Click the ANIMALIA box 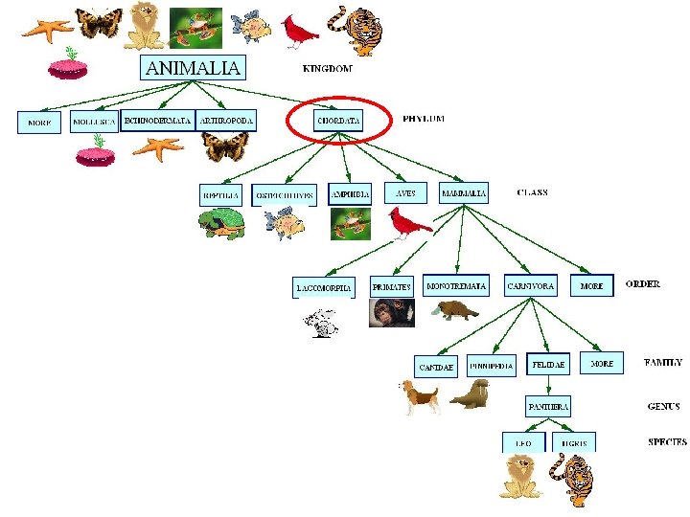[194, 67]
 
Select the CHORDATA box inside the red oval [338, 122]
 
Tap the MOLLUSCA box [94, 123]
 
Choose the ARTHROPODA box [226, 121]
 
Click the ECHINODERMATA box [157, 121]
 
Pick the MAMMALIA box [464, 193]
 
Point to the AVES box [406, 192]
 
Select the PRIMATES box [391, 286]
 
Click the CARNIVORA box [530, 286]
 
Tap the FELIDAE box [548, 365]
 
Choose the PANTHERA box [548, 407]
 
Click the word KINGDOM [327, 69]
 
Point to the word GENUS [663, 406]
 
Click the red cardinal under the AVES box [409, 223]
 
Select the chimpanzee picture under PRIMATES [391, 313]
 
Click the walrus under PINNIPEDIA [471, 393]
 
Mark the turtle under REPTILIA [221, 224]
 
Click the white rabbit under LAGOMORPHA [323, 325]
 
